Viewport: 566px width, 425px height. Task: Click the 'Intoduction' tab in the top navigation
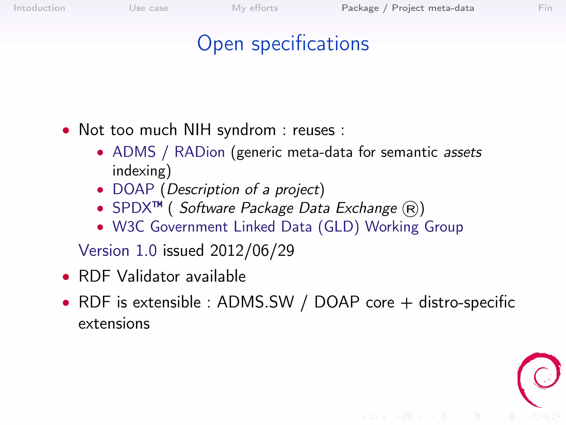pyautogui.click(x=39, y=8)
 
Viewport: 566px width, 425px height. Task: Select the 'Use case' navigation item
pyautogui.click(x=148, y=8)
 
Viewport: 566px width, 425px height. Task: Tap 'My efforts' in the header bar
pyautogui.click(x=255, y=8)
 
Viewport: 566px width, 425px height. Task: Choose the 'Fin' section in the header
pyautogui.click(x=545, y=8)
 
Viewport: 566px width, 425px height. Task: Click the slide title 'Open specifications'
pyautogui.click(x=283, y=44)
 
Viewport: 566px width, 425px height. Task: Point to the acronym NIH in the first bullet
pyautogui.click(x=197, y=129)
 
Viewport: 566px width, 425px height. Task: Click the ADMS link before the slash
pyautogui.click(x=134, y=152)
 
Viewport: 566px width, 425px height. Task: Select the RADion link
pyautogui.click(x=200, y=152)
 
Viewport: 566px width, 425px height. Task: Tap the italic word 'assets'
pyautogui.click(x=463, y=152)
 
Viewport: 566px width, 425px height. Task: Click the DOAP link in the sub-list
pyautogui.click(x=133, y=189)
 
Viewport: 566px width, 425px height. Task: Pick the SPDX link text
pyautogui.click(x=132, y=208)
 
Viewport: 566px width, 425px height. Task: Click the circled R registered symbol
pyautogui.click(x=410, y=209)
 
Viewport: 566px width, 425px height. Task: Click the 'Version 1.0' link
pyautogui.click(x=118, y=250)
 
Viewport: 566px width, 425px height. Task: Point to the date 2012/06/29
pyautogui.click(x=252, y=251)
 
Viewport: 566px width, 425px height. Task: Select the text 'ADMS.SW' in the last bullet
pyautogui.click(x=256, y=302)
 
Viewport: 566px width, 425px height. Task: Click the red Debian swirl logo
pyautogui.click(x=539, y=379)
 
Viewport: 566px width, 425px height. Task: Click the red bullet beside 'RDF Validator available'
pyautogui.click(x=66, y=277)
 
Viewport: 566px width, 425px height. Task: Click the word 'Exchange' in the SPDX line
pyautogui.click(x=366, y=208)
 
